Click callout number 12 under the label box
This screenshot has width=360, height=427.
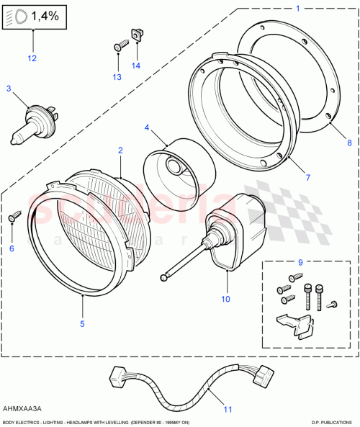click(31, 58)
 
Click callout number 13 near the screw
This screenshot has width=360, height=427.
click(117, 76)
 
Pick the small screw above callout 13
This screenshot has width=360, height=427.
click(121, 46)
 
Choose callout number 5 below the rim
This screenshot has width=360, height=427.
click(82, 323)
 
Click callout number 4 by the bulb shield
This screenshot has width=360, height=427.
click(147, 128)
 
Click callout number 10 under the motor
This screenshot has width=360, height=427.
click(225, 297)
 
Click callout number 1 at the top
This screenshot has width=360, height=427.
click(297, 9)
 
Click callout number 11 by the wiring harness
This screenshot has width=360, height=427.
click(228, 410)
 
